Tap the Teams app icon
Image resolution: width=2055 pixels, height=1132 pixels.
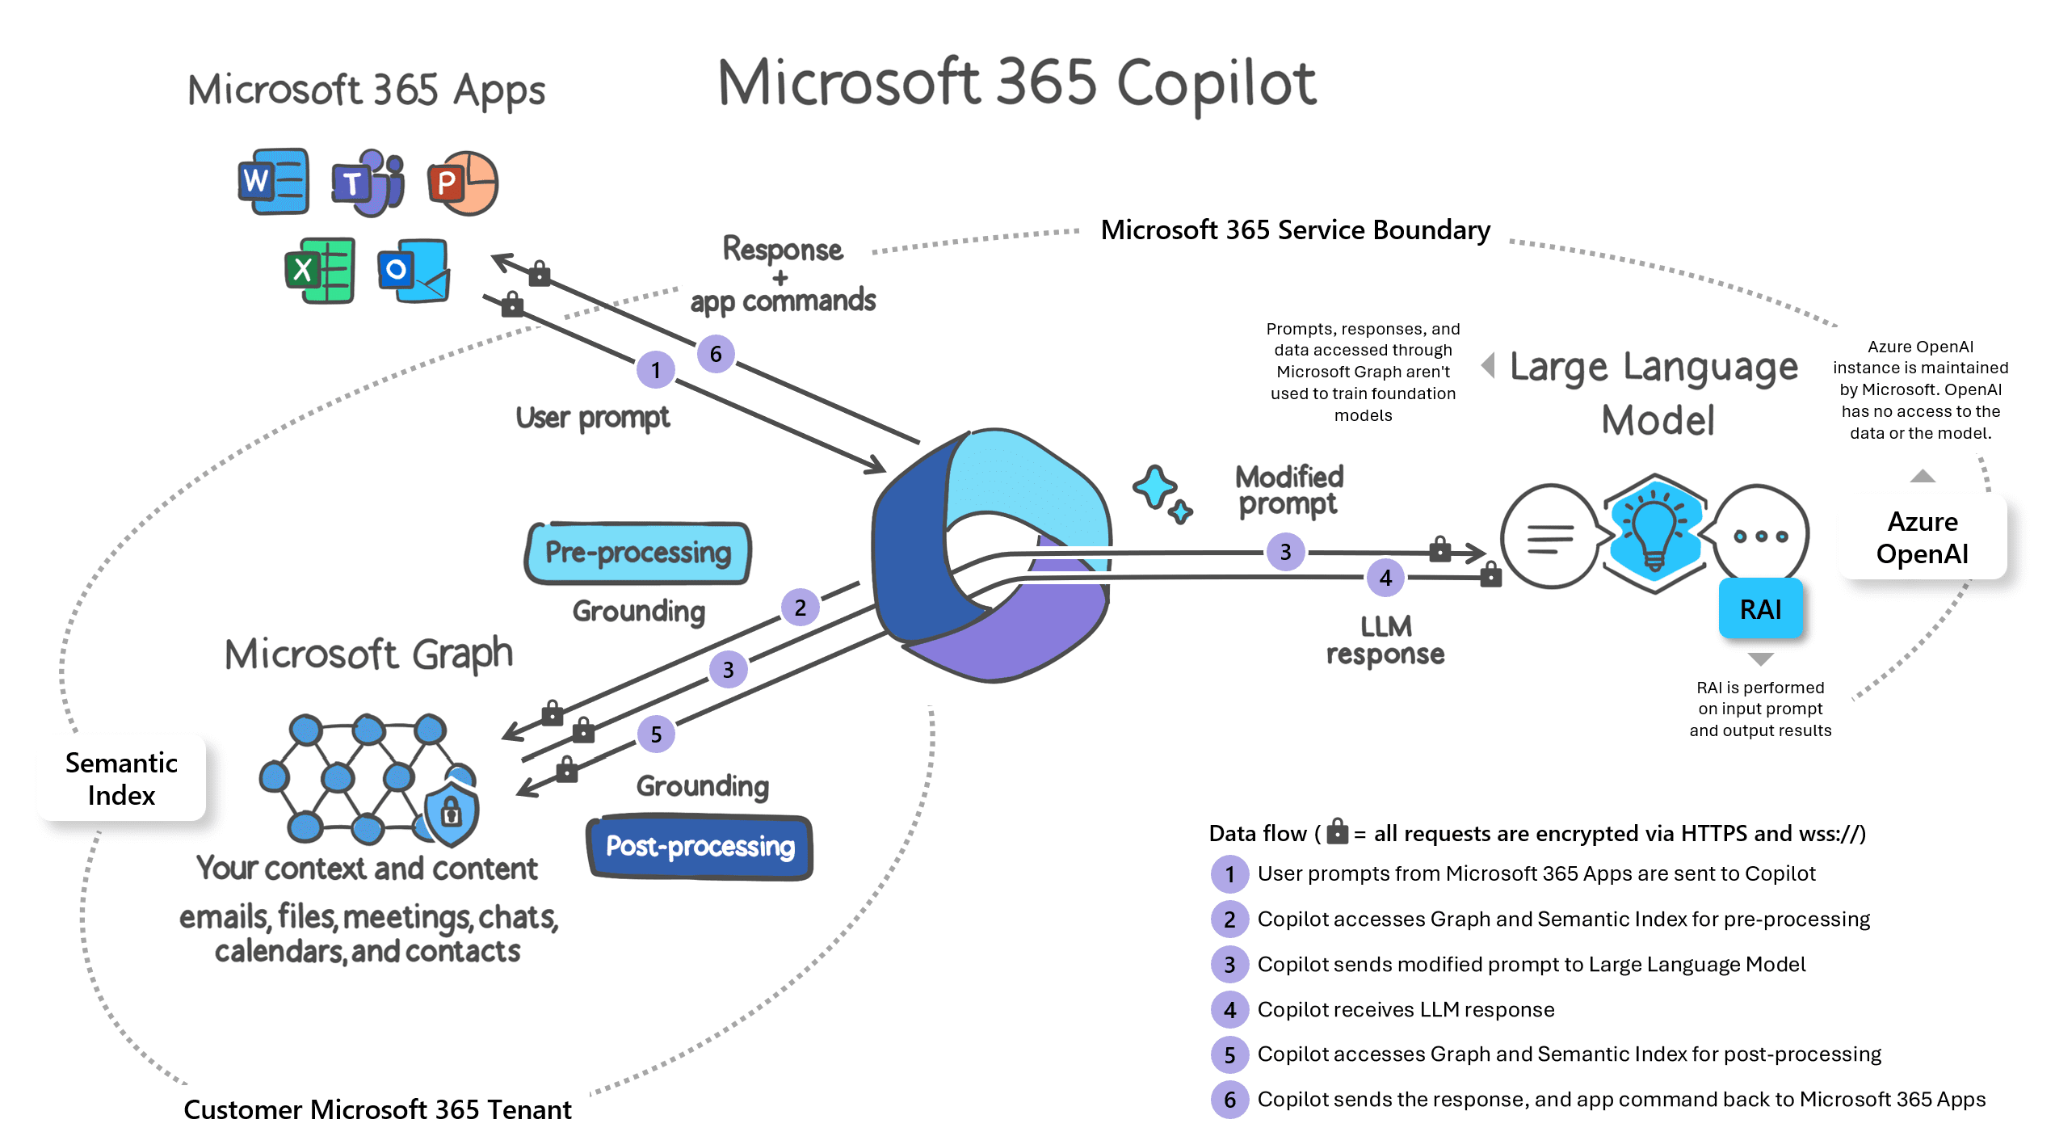click(368, 183)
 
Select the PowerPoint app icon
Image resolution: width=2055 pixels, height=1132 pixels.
click(463, 183)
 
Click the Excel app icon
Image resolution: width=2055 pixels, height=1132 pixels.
click(320, 271)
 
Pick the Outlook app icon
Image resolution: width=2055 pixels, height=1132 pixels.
click(414, 271)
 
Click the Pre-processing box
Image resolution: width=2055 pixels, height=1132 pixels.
click(638, 553)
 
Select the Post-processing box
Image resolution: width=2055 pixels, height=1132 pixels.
click(700, 847)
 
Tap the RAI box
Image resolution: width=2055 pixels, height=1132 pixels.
click(1760, 609)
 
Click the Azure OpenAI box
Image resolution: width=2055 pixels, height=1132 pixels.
click(1922, 538)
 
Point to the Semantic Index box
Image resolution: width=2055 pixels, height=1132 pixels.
click(121, 779)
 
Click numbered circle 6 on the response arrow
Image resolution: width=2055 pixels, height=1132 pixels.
click(716, 354)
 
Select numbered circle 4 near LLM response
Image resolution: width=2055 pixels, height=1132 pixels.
click(1385, 578)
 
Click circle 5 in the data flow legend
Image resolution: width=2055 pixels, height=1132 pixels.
click(1229, 1055)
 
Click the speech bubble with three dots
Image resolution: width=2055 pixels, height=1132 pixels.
click(1760, 535)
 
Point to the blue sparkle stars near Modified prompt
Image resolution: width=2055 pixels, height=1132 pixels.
click(1162, 493)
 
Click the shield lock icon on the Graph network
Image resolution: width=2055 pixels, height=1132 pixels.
click(452, 811)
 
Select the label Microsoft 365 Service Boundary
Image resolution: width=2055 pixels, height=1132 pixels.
click(1295, 230)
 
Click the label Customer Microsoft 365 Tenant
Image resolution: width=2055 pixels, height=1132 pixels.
click(377, 1109)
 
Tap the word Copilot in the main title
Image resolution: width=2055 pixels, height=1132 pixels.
click(1217, 83)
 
